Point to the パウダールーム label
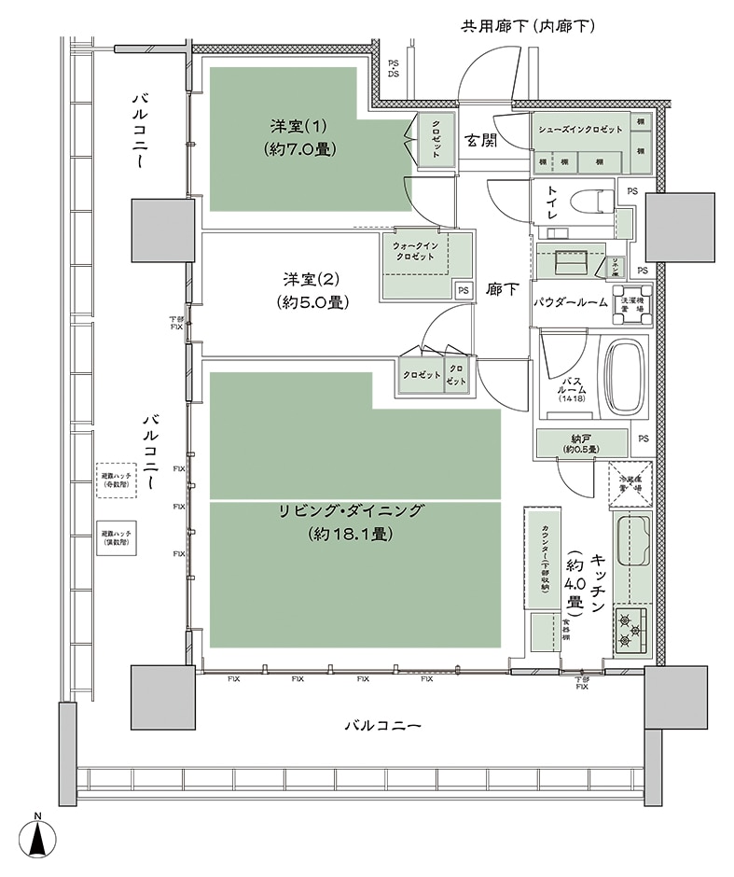pyautogui.click(x=571, y=302)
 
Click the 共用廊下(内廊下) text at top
pyautogui.click(x=528, y=26)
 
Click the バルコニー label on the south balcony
pyautogui.click(x=382, y=725)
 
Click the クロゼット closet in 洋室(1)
pyautogui.click(x=436, y=139)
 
